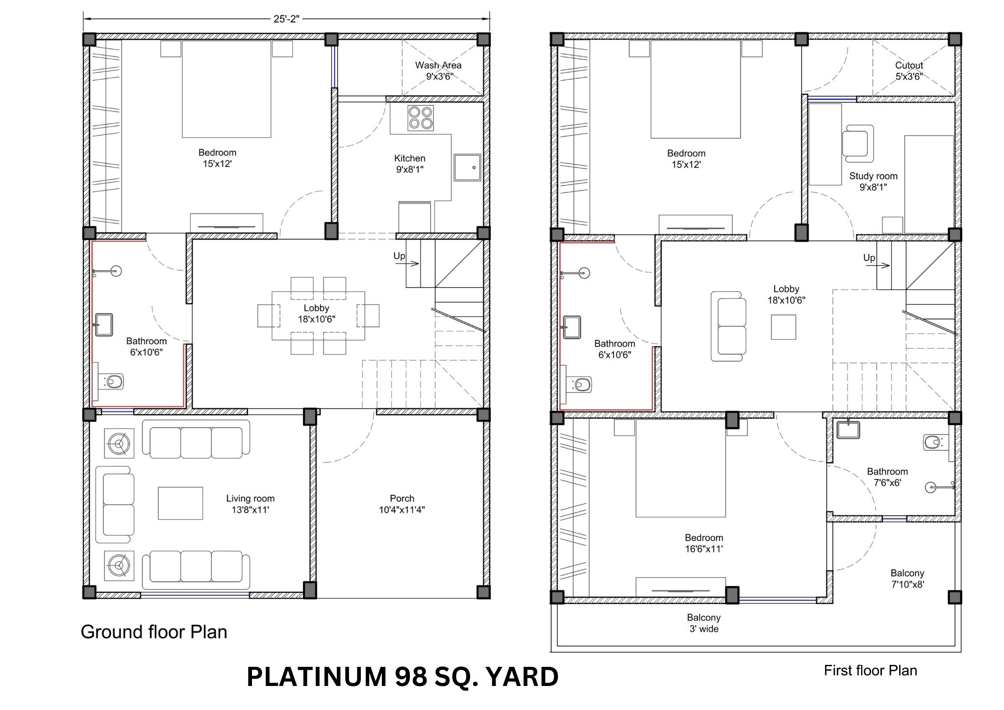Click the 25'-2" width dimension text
(286, 19)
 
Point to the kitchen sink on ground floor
(467, 168)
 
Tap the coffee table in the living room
(180, 503)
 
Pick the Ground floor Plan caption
(154, 632)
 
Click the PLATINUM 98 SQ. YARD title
(402, 677)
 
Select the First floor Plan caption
(870, 670)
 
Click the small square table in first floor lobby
(783, 327)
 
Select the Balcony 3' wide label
(704, 623)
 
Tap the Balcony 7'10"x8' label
(907, 579)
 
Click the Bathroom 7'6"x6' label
(887, 477)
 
